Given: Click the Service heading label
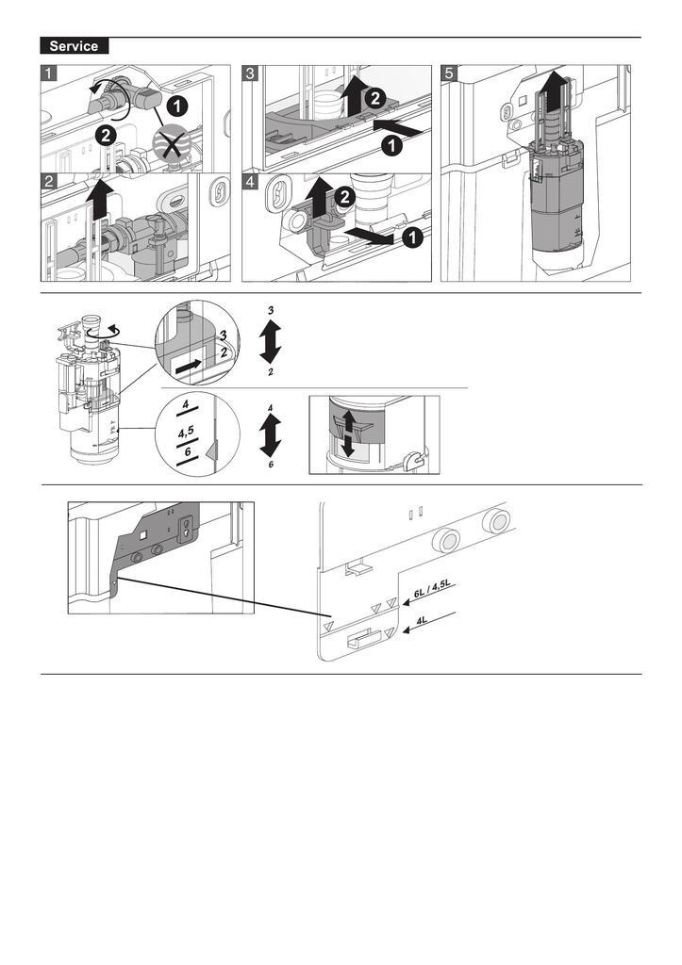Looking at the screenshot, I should (x=75, y=46).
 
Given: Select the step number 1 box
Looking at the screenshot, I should (x=48, y=73).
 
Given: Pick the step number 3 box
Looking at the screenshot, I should (x=250, y=73).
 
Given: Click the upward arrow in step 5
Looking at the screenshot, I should (x=555, y=94).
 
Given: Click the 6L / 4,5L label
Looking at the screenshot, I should (x=433, y=591).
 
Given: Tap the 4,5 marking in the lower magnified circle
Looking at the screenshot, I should (x=188, y=435).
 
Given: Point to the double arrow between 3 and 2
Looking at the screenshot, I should (x=271, y=341).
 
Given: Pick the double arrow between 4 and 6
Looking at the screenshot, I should (x=271, y=436).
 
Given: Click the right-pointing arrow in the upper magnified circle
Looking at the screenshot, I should (x=189, y=364).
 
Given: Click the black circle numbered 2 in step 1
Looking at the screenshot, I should (x=106, y=136).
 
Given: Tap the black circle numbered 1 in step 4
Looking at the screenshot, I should (x=411, y=239).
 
